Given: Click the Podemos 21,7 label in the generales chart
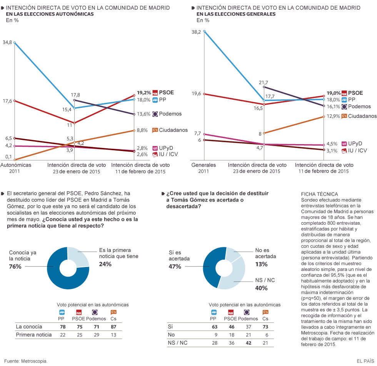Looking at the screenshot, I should coord(264,82).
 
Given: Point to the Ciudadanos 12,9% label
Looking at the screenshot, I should coord(333,116).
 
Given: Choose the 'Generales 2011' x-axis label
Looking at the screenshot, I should coord(204,168).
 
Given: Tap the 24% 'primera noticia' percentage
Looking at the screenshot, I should coord(105,264).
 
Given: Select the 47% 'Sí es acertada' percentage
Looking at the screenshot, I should coord(175,266).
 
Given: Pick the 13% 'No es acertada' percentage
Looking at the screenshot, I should coord(262,264).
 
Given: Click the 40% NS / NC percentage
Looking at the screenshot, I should coord(262,288).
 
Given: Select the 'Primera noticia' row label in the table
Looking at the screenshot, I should coord(34,335).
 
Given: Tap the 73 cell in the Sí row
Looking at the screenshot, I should coord(265,327).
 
